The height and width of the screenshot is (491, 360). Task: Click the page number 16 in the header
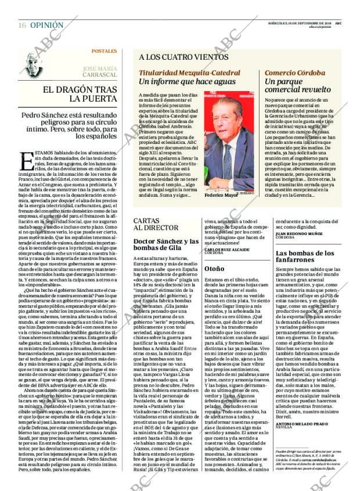pyautogui.click(x=22, y=25)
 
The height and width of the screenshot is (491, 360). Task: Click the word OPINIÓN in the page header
pyautogui.click(x=46, y=25)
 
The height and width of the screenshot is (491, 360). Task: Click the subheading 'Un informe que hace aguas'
pyautogui.click(x=180, y=82)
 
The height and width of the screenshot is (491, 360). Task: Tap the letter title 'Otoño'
pyautogui.click(x=214, y=270)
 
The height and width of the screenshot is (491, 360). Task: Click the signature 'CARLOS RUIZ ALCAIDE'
pyautogui.click(x=227, y=250)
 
